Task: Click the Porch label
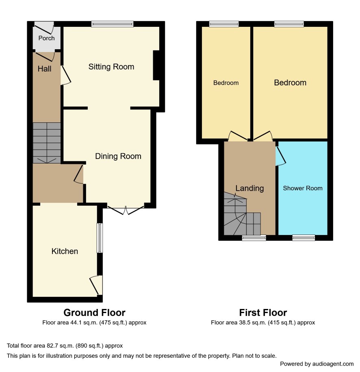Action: (46, 38)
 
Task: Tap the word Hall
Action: (44, 69)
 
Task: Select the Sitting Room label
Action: (111, 67)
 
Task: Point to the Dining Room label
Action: (118, 156)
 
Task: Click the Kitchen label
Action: (65, 251)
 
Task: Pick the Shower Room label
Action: (303, 188)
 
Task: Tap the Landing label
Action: (249, 188)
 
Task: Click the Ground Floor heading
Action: (94, 313)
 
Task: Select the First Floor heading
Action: (263, 313)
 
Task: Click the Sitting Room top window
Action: (113, 24)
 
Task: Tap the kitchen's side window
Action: (100, 238)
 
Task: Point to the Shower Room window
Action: (304, 237)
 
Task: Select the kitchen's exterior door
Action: (96, 285)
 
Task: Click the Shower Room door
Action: (280, 156)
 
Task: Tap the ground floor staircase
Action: (47, 143)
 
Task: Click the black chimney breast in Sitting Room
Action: (156, 65)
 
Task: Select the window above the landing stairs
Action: (254, 237)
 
